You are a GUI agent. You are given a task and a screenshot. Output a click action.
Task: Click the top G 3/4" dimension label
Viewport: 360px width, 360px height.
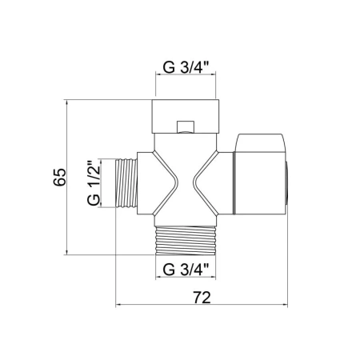point(186,67)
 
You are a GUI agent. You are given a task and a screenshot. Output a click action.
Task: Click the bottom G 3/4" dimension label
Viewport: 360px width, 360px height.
point(186,270)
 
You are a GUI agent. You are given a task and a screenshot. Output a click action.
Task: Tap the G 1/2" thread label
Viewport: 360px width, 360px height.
point(94,182)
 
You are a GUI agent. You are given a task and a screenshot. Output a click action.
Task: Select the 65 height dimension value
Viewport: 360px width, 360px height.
point(59,177)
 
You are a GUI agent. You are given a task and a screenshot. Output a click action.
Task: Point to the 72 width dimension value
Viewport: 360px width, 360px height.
point(202,298)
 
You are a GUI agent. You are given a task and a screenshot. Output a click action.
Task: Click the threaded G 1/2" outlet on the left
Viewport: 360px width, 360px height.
point(126,183)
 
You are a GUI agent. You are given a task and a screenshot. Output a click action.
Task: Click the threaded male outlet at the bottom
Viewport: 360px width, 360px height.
point(186,241)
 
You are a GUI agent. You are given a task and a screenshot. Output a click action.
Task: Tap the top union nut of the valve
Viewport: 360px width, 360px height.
point(186,116)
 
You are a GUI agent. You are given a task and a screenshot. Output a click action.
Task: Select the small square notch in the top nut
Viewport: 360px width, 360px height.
point(186,127)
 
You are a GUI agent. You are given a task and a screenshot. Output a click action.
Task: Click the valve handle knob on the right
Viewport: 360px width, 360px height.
point(260,174)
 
